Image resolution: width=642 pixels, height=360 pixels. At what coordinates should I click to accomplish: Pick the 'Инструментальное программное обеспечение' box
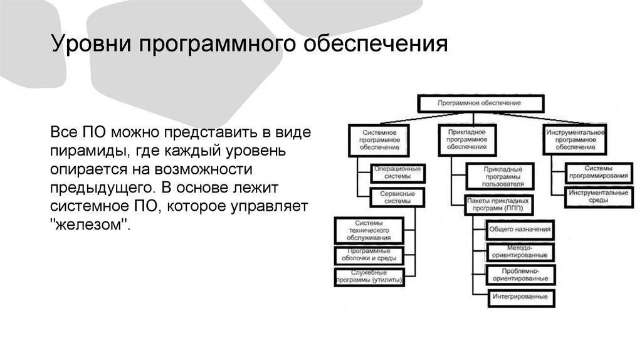click(x=575, y=140)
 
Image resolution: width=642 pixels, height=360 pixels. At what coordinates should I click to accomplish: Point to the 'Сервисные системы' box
click(x=396, y=197)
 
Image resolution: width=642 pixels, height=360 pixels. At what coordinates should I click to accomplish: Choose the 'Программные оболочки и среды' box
click(x=369, y=254)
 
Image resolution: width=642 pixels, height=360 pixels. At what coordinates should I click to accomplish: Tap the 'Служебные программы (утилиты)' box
click(x=369, y=277)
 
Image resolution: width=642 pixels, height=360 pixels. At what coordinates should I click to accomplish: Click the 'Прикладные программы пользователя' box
click(x=500, y=177)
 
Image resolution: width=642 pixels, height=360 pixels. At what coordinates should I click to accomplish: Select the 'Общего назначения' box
click(x=520, y=230)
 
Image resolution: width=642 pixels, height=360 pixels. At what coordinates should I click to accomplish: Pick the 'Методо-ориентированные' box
click(x=520, y=252)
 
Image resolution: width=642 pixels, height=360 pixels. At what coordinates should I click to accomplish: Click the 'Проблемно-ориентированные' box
click(x=520, y=274)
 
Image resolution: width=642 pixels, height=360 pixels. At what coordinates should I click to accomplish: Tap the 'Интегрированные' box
click(x=520, y=296)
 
